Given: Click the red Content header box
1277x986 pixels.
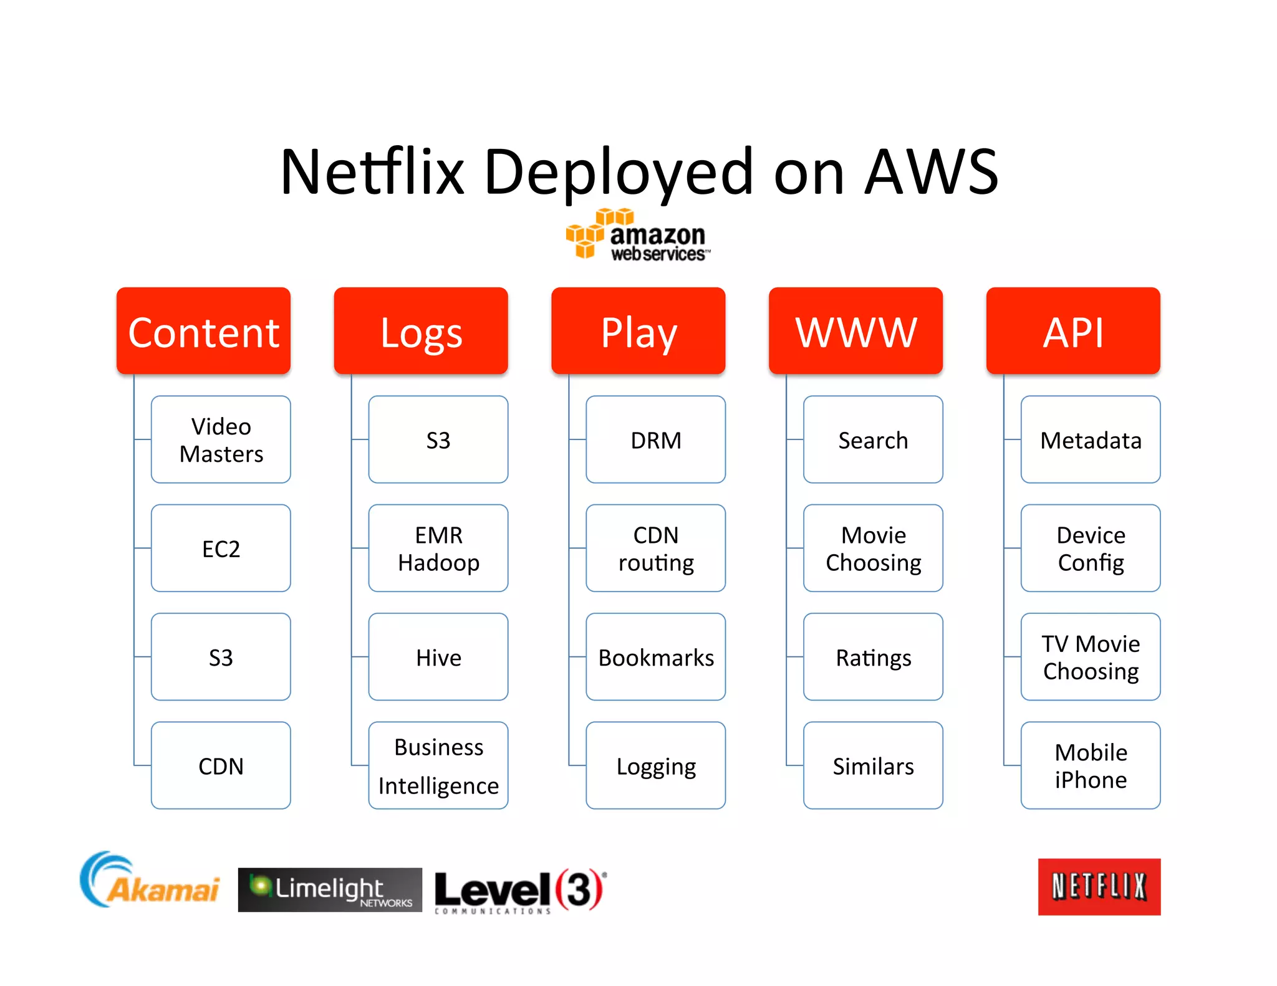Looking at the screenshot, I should [203, 331].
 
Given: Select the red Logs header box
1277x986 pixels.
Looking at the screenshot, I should [421, 331].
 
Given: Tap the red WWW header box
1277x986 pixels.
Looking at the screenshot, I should [855, 331].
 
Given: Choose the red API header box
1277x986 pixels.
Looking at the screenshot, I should [1073, 331].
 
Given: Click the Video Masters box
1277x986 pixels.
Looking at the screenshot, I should [221, 439].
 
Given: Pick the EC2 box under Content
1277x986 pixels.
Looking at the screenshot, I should [221, 548].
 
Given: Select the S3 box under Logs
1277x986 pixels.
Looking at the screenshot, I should [438, 439].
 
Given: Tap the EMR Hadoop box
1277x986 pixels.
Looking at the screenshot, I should [438, 548].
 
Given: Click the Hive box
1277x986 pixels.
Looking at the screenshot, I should [438, 657].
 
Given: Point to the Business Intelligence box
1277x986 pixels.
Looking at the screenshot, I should [438, 765].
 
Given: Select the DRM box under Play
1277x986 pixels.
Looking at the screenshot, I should [655, 439].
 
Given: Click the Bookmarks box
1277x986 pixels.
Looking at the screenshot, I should [655, 657].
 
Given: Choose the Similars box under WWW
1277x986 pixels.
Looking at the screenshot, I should [873, 765].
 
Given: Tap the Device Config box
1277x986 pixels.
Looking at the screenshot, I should [1091, 548].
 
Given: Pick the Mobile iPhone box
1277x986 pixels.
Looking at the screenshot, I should [1091, 765].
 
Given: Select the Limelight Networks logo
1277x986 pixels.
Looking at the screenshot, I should [330, 889].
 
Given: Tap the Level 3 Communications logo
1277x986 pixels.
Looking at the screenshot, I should [519, 890].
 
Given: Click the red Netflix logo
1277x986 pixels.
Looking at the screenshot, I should [1099, 886].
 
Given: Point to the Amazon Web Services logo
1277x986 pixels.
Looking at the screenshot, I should [637, 236].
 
